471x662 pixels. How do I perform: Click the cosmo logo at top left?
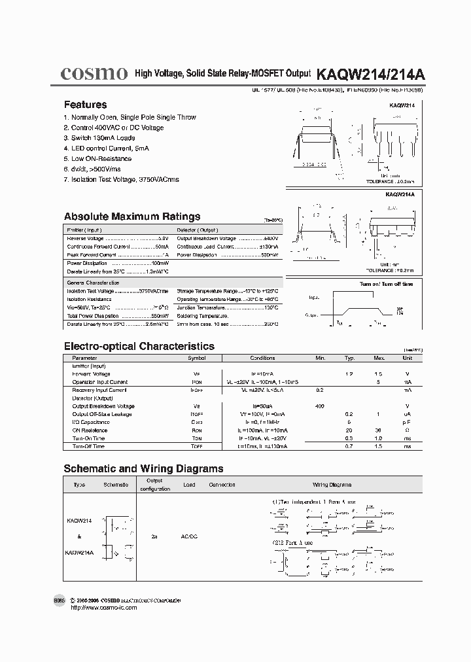[94, 75]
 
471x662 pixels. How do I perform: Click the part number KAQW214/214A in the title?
[370, 75]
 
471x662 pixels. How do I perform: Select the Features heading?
[85, 105]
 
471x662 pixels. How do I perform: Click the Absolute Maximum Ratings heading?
[132, 217]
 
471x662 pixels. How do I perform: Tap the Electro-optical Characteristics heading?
[139, 346]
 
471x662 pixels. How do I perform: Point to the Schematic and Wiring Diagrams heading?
[143, 468]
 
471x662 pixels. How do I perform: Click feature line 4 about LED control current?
[106, 148]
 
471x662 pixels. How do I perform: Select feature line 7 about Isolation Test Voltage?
[121, 179]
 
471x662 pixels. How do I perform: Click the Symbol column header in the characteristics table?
[197, 358]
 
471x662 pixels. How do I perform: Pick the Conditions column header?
[262, 358]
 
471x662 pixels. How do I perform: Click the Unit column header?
[408, 358]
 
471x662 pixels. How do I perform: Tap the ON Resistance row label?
[90, 430]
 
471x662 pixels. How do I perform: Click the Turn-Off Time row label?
[88, 446]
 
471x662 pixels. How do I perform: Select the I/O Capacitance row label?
[91, 423]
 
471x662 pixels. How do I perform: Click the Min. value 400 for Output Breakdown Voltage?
[320, 406]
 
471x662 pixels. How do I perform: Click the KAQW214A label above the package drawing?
[400, 194]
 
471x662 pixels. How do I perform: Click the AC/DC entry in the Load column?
[189, 536]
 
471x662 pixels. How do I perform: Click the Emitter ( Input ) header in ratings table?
[84, 230]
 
